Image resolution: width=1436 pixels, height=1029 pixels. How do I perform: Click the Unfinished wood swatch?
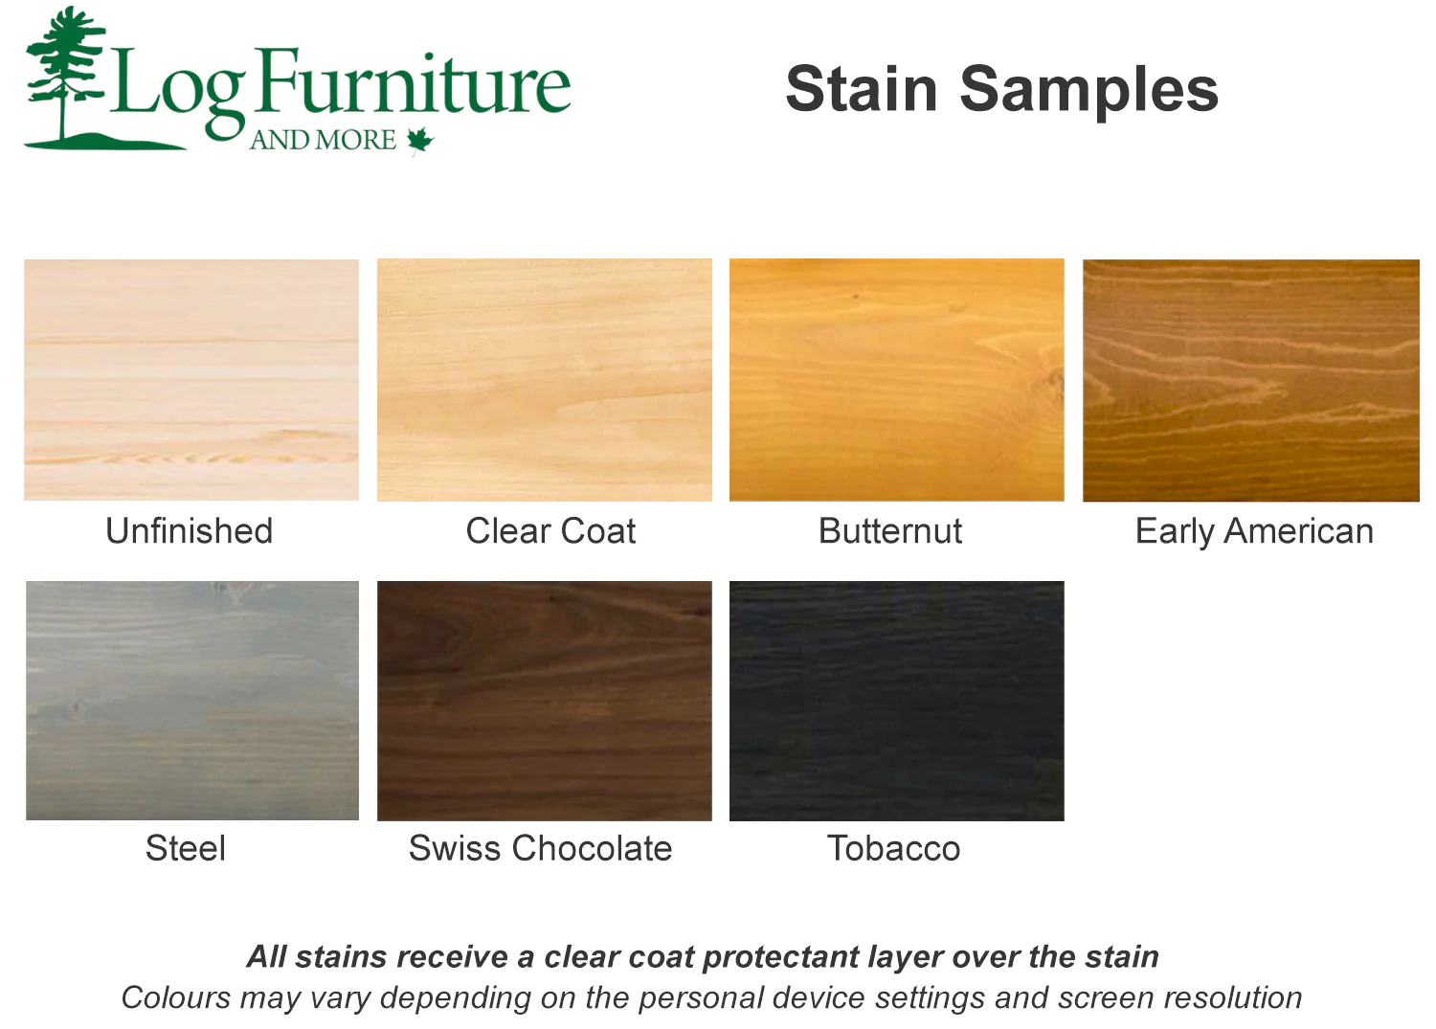191,380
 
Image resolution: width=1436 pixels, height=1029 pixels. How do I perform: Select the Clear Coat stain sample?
545,380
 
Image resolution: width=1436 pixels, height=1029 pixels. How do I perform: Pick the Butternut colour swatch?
897,380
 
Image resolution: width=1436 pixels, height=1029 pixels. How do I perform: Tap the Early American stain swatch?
1250,380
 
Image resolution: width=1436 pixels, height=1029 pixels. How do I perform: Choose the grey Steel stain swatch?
192,700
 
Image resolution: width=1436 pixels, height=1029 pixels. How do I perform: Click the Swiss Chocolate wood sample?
545,701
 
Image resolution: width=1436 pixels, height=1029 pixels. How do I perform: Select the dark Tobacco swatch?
897,701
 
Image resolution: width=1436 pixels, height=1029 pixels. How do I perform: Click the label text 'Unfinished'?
190,531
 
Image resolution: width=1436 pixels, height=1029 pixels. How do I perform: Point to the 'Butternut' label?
889,531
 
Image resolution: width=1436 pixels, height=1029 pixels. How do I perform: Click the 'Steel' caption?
186,848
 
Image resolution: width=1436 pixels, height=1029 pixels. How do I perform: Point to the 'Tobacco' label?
893,848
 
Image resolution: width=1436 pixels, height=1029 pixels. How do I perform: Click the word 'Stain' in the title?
862,89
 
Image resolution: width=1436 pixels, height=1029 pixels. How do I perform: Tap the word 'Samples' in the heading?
1088,93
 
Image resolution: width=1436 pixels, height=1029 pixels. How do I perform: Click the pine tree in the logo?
65,74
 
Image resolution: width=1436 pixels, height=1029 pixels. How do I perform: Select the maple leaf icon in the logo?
420,141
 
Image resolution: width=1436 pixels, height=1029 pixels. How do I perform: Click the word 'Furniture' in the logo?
415,82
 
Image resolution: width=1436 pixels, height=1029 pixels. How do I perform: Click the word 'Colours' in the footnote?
176,997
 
